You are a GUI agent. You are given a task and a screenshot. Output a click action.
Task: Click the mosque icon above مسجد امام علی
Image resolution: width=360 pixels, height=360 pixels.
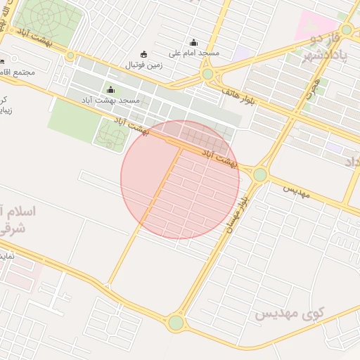194,42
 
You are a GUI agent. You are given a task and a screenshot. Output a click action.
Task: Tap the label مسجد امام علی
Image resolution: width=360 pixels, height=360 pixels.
195,53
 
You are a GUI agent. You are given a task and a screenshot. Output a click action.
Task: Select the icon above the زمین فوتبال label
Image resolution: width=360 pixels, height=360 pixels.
144,54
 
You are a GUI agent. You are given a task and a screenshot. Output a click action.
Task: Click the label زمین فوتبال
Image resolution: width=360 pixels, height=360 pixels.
143,65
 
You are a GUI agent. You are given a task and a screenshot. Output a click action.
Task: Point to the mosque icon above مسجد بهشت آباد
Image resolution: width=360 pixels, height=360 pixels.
110,89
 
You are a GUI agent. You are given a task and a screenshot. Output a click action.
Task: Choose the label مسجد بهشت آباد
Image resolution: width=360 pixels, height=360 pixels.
110,101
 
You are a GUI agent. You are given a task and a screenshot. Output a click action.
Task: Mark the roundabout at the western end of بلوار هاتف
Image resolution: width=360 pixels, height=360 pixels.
207,74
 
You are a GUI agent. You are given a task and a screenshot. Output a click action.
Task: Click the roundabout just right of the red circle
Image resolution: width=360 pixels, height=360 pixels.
260,174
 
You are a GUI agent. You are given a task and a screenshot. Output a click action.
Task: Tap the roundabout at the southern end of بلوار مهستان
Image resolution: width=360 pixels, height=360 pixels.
176,323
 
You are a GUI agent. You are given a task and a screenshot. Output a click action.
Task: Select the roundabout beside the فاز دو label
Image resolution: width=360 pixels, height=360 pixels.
346,30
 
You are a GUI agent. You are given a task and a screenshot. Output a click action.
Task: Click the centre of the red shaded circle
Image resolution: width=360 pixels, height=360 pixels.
181,179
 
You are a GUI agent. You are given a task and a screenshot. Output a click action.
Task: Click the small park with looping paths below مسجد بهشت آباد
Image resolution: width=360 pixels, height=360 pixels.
110,133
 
